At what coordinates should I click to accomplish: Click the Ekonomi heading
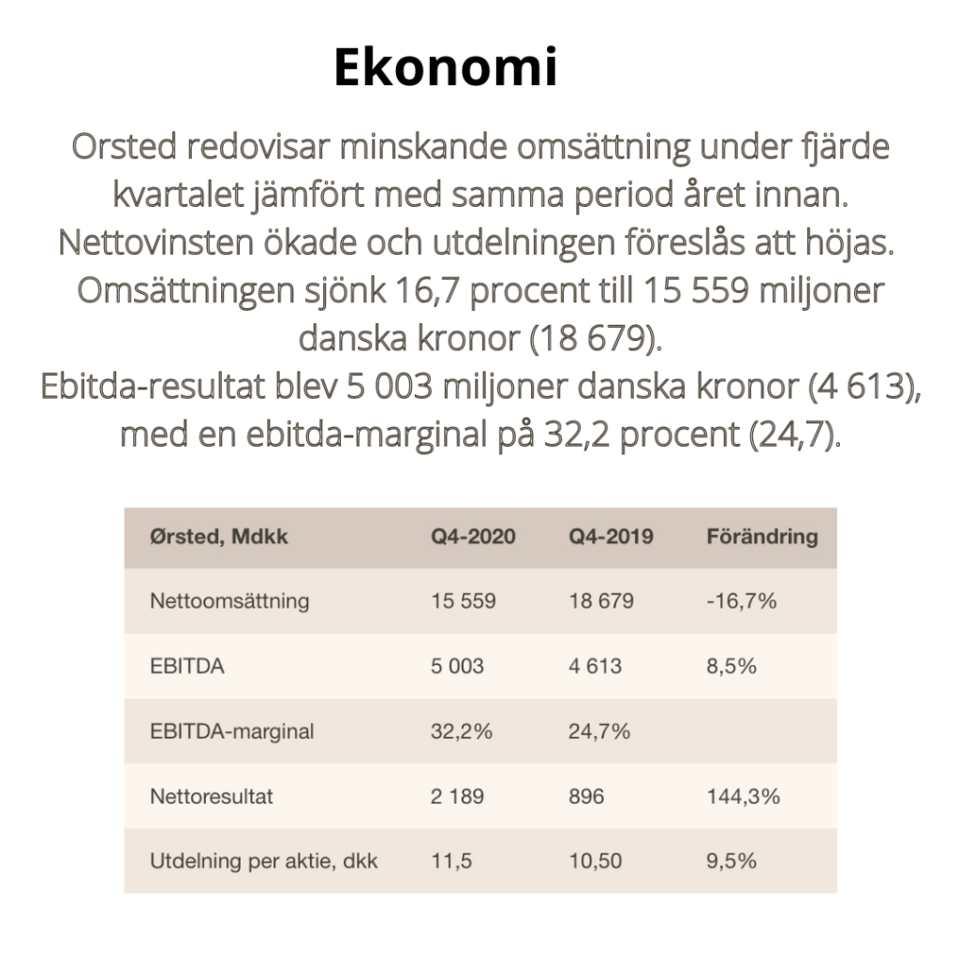446,67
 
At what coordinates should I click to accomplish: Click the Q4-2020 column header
473,538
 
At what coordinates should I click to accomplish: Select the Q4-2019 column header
611,538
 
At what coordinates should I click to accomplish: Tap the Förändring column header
760,538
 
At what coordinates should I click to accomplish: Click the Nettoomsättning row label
229,601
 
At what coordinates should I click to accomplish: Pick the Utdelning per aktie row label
263,861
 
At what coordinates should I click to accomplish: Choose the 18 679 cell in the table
600,601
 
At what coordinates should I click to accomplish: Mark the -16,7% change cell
741,601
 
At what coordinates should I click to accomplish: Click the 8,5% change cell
730,667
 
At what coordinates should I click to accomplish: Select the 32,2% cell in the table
462,731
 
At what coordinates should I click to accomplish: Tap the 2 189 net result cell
457,796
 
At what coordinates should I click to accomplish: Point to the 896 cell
586,796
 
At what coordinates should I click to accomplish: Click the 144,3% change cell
743,796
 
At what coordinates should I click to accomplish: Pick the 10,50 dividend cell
595,861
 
